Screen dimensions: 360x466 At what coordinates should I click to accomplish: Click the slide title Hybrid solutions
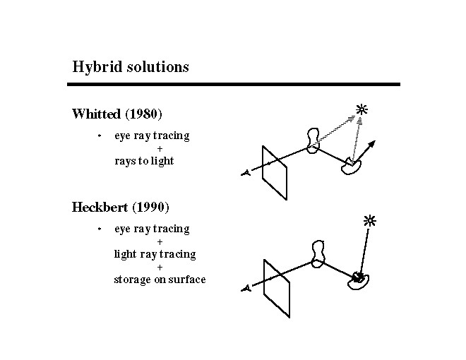point(131,67)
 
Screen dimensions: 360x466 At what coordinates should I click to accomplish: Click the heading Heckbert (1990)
point(120,208)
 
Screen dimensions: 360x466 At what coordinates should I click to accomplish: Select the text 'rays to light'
point(144,161)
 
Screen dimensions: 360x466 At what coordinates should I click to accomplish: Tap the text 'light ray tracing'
point(155,254)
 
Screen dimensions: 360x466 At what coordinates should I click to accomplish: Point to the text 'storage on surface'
point(160,280)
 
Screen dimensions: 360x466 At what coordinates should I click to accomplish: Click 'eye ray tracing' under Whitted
point(152,136)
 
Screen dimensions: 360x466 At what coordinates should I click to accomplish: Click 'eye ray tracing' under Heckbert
point(152,229)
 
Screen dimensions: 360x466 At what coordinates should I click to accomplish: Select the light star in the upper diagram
point(362,109)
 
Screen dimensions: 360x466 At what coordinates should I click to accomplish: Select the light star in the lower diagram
point(369,220)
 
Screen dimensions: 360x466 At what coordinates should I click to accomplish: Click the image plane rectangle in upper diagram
point(275,172)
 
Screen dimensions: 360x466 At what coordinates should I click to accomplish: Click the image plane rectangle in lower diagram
point(276,288)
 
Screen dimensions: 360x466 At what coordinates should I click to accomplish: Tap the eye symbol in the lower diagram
point(245,288)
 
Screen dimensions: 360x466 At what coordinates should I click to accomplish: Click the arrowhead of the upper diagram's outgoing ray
point(373,143)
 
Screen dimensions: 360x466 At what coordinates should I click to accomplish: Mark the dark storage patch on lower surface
point(359,277)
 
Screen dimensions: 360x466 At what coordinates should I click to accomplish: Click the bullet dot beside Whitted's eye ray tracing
point(100,136)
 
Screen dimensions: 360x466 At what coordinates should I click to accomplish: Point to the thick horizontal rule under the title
point(233,84)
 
